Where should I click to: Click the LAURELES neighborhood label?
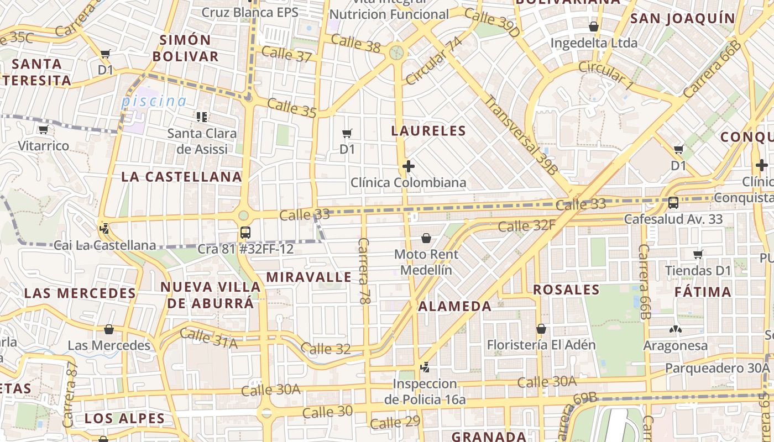click(428, 131)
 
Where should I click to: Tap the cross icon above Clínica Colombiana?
click(409, 166)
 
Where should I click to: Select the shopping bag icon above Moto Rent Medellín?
click(426, 238)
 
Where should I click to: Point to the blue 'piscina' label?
click(154, 102)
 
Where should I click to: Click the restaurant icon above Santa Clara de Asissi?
click(202, 117)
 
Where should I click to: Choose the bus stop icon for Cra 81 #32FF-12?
click(245, 233)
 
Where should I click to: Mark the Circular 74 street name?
click(433, 61)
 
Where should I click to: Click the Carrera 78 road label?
click(363, 271)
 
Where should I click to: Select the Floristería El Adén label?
click(541, 345)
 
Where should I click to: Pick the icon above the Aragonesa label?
click(675, 329)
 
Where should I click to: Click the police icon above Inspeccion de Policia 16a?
click(425, 367)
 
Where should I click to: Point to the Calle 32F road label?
click(526, 225)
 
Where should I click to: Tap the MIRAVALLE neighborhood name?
click(308, 277)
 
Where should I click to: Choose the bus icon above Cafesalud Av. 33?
click(673, 203)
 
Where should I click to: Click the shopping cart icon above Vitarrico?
click(43, 130)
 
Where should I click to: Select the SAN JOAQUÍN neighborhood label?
click(683, 18)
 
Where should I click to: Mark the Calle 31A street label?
click(208, 338)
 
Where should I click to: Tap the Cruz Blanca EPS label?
click(249, 12)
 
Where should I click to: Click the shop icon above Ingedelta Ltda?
click(594, 26)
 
